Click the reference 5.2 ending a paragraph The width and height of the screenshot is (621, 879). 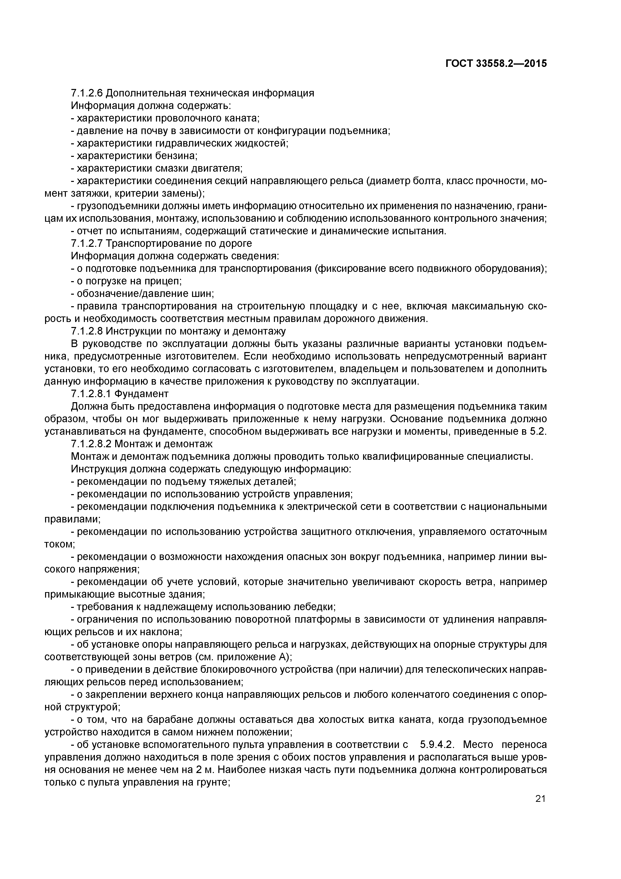[538, 431]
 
